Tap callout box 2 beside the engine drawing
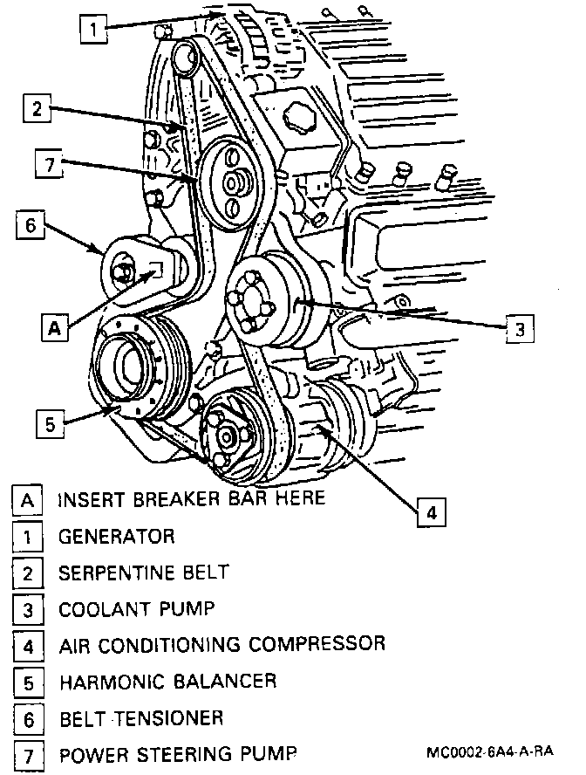tap(34, 110)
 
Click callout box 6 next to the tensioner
tap(28, 226)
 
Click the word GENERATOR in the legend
tap(116, 536)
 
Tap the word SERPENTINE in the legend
tap(111, 573)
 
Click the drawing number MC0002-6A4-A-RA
tap(490, 753)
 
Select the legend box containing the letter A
tap(28, 500)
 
